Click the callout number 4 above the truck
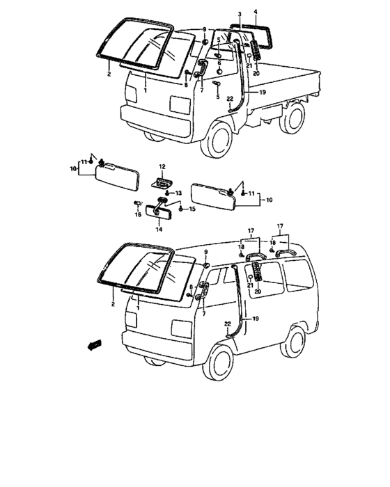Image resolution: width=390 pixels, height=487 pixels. pos(256,12)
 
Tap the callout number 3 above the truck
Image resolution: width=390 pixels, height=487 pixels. pos(240,14)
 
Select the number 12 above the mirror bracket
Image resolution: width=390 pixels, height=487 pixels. pos(162,166)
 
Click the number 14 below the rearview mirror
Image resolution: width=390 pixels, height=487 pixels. pos(159,230)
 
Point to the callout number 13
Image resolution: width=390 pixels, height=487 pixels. pos(178,193)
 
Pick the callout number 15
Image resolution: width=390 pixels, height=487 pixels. pos(192,209)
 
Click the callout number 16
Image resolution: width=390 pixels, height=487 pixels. pos(138,214)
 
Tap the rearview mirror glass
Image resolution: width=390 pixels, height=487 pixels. pos(157,211)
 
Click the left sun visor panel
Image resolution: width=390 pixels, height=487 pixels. pos(117,177)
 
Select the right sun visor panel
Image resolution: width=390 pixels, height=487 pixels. pos(212,196)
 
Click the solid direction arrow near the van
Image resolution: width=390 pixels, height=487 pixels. pos(94,345)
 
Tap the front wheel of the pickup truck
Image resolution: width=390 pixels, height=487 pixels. pos(217,139)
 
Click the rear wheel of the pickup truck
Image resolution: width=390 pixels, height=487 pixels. pos(292,118)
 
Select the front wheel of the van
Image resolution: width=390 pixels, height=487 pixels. pos(218,362)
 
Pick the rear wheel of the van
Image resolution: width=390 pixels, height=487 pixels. pos(292,341)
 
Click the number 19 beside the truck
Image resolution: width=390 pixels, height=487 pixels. pos(263,93)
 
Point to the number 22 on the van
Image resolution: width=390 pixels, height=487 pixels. pos(228,324)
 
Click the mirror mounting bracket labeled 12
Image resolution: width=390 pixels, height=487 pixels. pos(162,182)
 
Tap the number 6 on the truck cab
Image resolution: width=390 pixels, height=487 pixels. pos(219,63)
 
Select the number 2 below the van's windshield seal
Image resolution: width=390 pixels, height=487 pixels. pos(113,304)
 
